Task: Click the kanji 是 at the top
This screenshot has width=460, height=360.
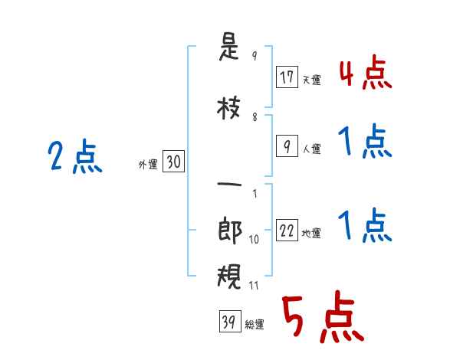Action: (x=228, y=47)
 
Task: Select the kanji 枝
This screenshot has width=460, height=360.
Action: (x=228, y=108)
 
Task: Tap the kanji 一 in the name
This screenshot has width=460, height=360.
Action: (x=229, y=185)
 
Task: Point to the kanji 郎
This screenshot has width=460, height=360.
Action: (x=230, y=230)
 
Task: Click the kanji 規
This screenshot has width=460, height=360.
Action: (x=229, y=277)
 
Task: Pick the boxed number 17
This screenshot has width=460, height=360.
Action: (x=287, y=77)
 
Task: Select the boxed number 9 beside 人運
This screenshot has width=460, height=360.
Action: (x=287, y=146)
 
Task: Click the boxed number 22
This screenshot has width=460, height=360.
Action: (x=287, y=230)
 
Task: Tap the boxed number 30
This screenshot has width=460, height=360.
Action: (x=173, y=162)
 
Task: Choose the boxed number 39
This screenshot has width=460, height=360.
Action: (x=230, y=321)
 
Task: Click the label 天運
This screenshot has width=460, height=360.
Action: (x=312, y=80)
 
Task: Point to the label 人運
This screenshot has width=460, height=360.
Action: (x=312, y=149)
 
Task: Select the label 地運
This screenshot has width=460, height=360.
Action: (x=311, y=234)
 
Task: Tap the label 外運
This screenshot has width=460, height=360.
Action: (x=148, y=165)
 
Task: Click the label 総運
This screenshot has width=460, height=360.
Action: (x=255, y=325)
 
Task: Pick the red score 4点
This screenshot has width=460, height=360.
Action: (x=366, y=73)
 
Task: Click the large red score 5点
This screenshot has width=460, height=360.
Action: (x=324, y=316)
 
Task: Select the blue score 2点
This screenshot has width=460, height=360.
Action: (x=75, y=156)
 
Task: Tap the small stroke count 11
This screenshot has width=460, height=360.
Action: (x=254, y=286)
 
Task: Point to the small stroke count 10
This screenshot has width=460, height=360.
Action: (x=254, y=240)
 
